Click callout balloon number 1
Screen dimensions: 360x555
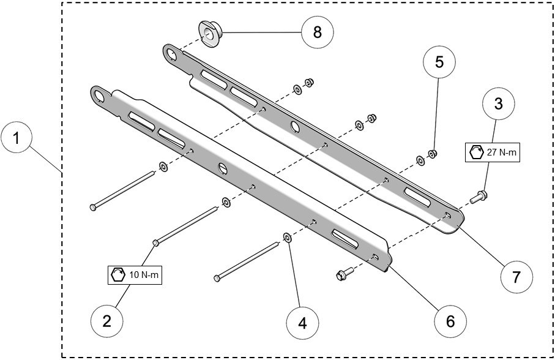pyautogui.click(x=18, y=138)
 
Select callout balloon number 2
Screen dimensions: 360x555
pyautogui.click(x=107, y=320)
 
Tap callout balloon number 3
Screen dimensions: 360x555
pyautogui.click(x=499, y=105)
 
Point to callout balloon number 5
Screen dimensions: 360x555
pyautogui.click(x=439, y=62)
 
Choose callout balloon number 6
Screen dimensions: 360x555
pyautogui.click(x=450, y=320)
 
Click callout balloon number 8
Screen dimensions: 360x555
pyautogui.click(x=317, y=32)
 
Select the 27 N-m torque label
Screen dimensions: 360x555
pyautogui.click(x=493, y=152)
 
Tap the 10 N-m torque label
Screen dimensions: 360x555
pyautogui.click(x=135, y=275)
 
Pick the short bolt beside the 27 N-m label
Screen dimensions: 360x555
pyautogui.click(x=479, y=197)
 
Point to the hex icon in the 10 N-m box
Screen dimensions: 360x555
pyautogui.click(x=117, y=275)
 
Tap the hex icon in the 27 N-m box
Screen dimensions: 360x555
pyautogui.click(x=476, y=152)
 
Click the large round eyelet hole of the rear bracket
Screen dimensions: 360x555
pyautogui.click(x=171, y=54)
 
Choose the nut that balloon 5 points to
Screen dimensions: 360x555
pyautogui.click(x=432, y=153)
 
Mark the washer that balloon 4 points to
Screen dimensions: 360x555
pyautogui.click(x=286, y=238)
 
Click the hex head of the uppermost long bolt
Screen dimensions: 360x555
pyautogui.click(x=92, y=207)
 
